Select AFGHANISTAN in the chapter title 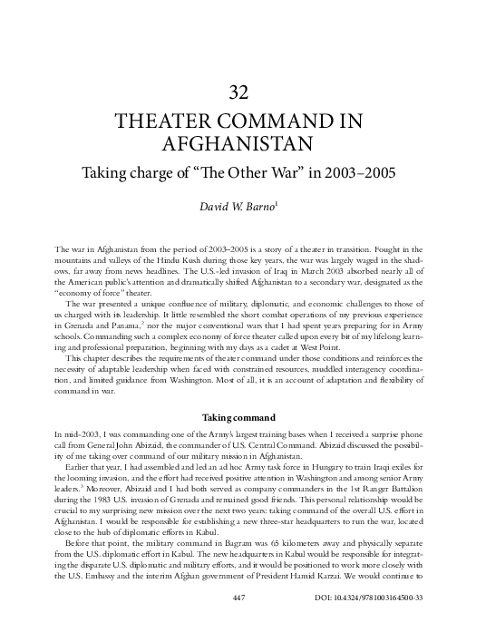242,143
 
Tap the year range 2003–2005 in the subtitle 355,172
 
